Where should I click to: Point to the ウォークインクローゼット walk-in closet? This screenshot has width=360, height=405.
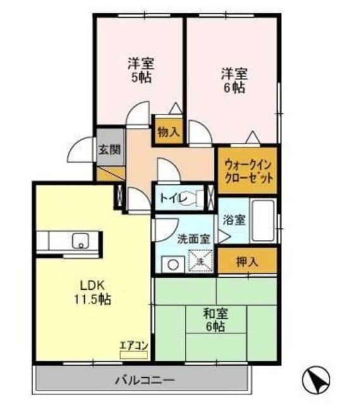click(x=248, y=170)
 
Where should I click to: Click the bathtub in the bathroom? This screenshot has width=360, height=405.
click(x=263, y=221)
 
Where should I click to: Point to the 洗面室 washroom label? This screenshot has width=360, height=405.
click(x=194, y=239)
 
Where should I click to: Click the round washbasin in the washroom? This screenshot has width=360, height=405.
click(x=170, y=264)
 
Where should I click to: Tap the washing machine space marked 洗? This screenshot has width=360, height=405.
click(x=199, y=261)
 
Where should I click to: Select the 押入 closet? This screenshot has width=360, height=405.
click(x=248, y=260)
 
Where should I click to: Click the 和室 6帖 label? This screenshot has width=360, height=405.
click(x=215, y=319)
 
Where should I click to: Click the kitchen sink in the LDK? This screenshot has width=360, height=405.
click(x=82, y=241)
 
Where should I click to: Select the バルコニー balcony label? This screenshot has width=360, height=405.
click(x=144, y=380)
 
